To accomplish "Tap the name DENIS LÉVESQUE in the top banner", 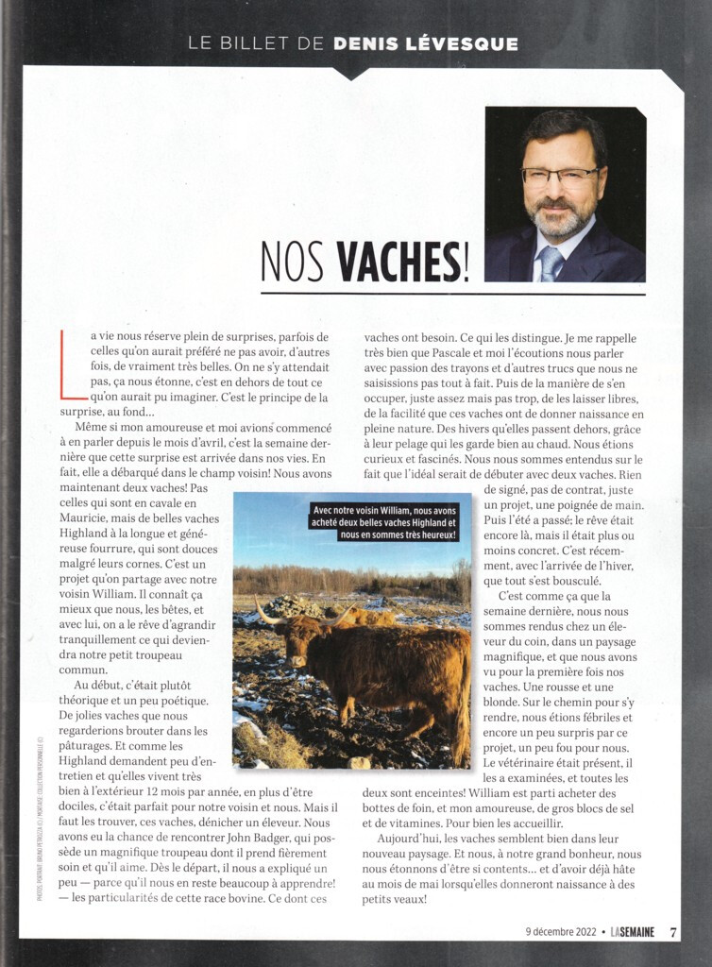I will [426, 43].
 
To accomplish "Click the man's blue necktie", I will [551, 263].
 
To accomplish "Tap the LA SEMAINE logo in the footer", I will [631, 932].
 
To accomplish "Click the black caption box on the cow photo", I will [384, 521].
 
